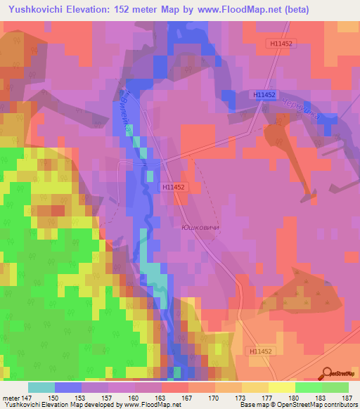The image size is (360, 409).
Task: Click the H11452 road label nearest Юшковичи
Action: pyautogui.click(x=173, y=187)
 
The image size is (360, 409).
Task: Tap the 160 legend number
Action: pyautogui.click(x=131, y=398)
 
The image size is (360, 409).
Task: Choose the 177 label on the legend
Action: pyautogui.click(x=266, y=398)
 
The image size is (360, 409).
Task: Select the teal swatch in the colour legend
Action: pyautogui.click(x=41, y=387)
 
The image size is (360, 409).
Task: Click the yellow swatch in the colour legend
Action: pyautogui.click(x=282, y=387)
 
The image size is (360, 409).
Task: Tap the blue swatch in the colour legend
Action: pyautogui.click(x=68, y=387)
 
